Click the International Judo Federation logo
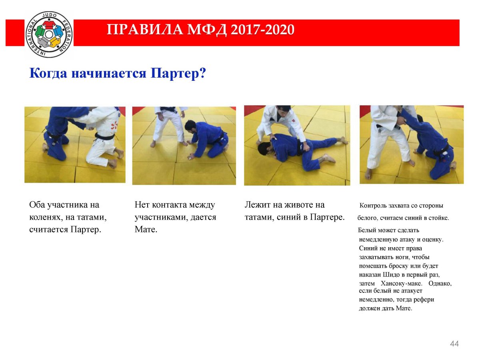point(49,34)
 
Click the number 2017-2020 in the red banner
point(262,30)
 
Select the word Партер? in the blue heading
point(178,73)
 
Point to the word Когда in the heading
point(48,73)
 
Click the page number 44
point(454,344)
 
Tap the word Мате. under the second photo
point(146,229)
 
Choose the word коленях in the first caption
point(46,217)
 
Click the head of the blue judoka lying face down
point(266,149)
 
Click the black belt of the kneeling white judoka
point(104,136)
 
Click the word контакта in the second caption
point(169,205)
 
